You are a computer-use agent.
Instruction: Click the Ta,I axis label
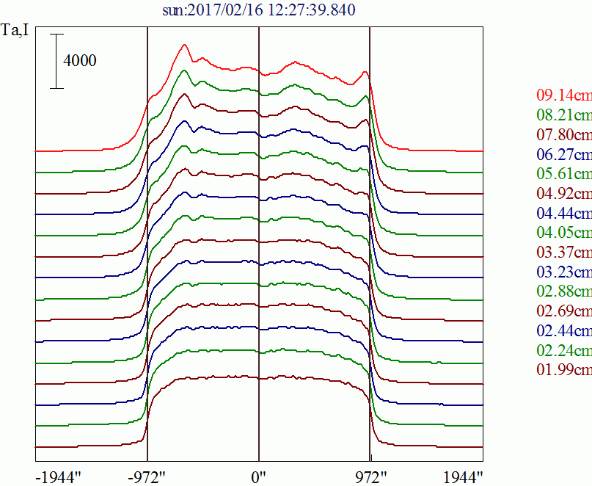tap(16, 32)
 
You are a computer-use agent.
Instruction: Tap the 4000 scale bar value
tap(80, 61)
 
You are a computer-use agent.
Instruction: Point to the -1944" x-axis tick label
tap(58, 476)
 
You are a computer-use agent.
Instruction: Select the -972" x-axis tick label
tap(147, 476)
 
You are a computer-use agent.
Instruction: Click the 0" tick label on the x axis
tap(258, 476)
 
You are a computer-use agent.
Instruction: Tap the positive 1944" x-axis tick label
tap(463, 476)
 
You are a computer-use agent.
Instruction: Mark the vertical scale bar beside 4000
tap(57, 61)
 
